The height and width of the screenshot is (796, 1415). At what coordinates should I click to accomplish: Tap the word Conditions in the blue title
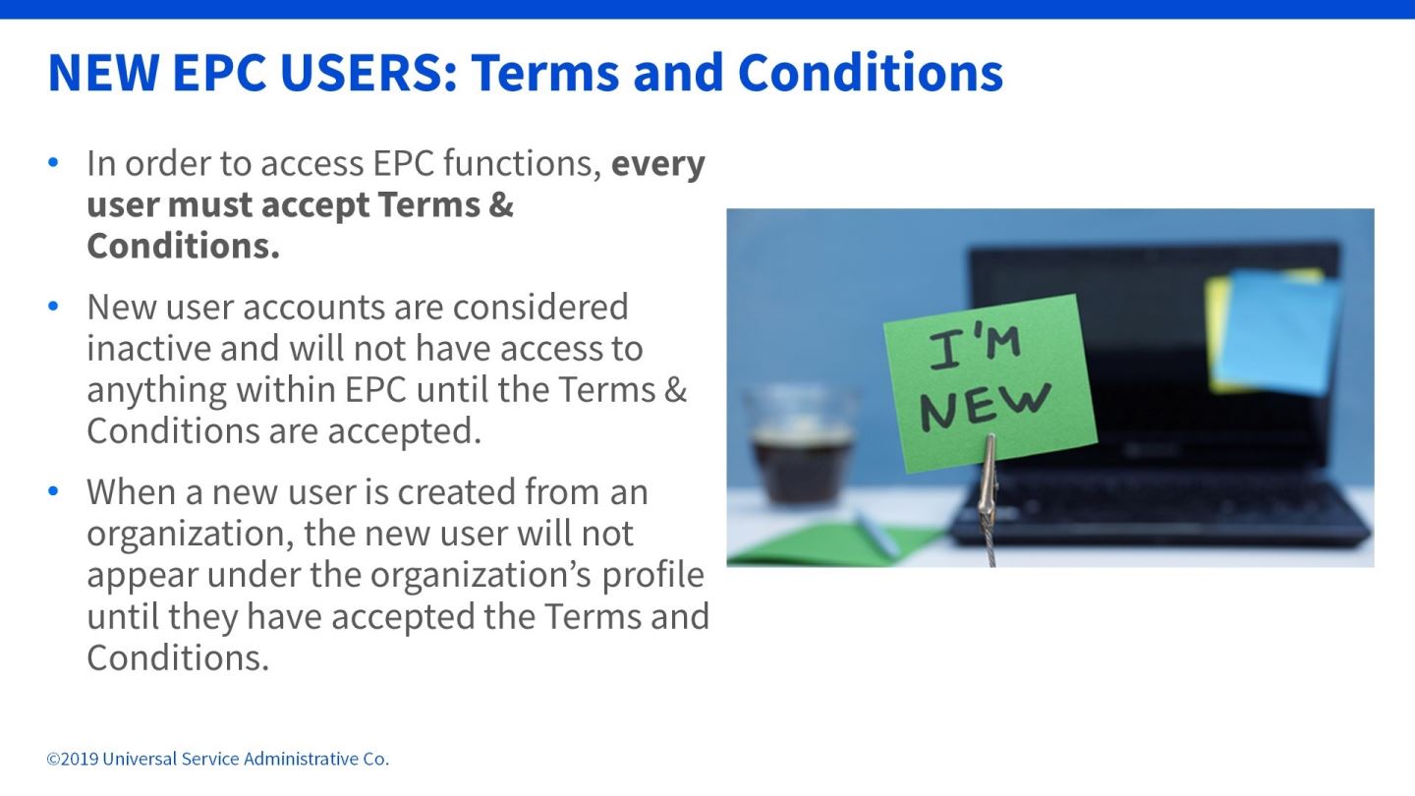pyautogui.click(x=871, y=73)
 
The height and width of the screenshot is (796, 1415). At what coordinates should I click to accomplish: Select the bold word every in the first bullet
pyautogui.click(x=658, y=165)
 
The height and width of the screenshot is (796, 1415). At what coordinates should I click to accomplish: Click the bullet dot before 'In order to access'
pyautogui.click(x=53, y=162)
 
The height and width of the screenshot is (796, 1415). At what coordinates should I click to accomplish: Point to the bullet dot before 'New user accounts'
pyautogui.click(x=53, y=307)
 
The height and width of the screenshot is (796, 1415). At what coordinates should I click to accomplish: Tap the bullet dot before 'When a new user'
pyautogui.click(x=53, y=491)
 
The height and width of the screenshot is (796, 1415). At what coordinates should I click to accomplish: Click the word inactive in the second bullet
pyautogui.click(x=149, y=348)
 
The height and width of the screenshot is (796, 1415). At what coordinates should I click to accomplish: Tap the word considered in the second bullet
pyautogui.click(x=540, y=307)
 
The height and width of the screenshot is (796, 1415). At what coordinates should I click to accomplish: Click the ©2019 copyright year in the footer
pyautogui.click(x=73, y=759)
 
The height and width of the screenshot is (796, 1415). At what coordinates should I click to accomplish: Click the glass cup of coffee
pyautogui.click(x=801, y=447)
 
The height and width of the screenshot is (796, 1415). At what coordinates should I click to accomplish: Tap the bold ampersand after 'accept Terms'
pyautogui.click(x=501, y=204)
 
